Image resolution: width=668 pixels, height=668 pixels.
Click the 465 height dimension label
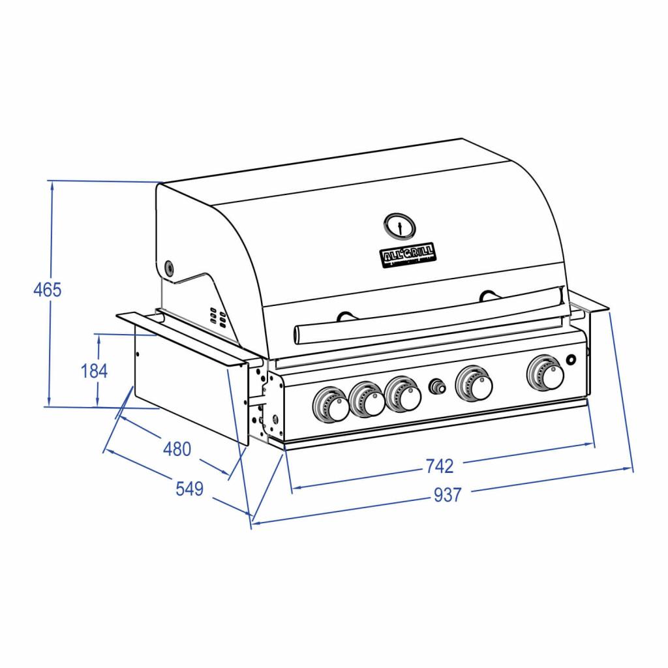48,289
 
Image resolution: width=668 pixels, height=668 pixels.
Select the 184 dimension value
94,371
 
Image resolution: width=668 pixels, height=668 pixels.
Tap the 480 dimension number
177,449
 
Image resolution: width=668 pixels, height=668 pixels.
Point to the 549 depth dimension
190,489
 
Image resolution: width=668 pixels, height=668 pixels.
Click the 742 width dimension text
439,466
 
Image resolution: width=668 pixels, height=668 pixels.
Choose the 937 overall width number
448,496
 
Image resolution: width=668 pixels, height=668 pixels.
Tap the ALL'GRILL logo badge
409,254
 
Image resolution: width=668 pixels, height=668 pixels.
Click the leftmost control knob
332,404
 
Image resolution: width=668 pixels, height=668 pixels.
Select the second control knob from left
367,400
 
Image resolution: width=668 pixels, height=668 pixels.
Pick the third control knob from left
403,395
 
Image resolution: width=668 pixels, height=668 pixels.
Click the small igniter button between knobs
436,386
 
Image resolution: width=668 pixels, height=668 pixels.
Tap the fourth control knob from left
474,383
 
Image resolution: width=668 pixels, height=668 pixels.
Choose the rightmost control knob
545,372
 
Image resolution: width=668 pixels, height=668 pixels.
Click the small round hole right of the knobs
572,360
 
